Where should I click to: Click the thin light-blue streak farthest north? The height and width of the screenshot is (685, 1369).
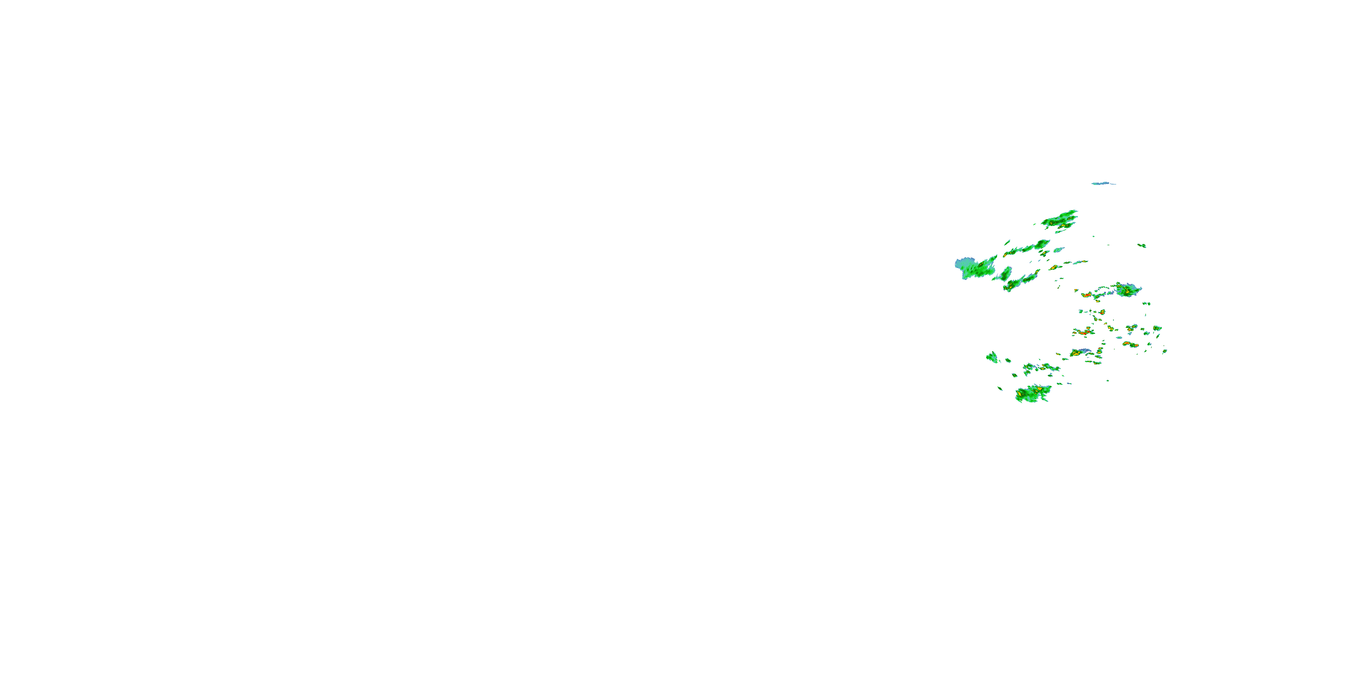tap(1103, 184)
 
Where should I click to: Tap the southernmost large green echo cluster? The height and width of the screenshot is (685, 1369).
tap(1032, 394)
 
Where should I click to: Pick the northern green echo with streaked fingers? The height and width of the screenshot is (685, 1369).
tap(1060, 220)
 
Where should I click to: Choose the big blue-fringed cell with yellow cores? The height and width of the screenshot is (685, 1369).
tap(1127, 290)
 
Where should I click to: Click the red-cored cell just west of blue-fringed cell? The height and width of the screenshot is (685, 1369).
tap(1087, 295)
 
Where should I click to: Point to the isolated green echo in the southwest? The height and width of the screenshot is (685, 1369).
tap(992, 358)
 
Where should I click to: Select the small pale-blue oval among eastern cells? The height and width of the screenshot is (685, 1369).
tap(1118, 337)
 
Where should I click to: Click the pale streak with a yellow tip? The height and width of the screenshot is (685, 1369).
tap(1052, 268)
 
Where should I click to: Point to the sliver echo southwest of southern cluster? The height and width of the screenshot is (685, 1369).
tap(1000, 388)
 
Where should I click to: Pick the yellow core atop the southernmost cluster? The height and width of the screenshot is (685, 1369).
tap(1039, 389)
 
